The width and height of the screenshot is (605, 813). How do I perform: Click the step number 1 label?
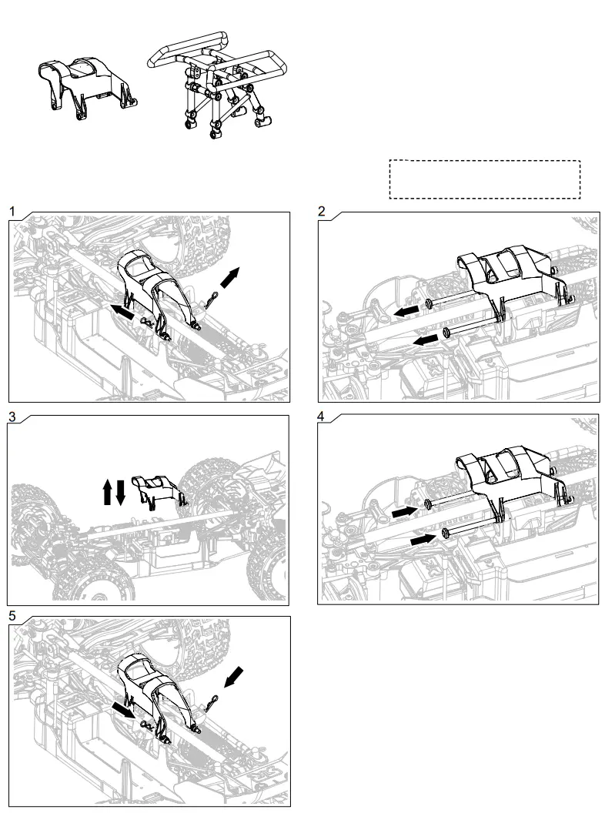point(12,210)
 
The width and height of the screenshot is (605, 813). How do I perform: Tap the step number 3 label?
point(12,416)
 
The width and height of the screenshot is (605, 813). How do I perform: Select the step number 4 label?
point(322,416)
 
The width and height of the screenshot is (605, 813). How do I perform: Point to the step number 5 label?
point(12,616)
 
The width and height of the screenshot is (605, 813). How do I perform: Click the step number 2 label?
point(322,210)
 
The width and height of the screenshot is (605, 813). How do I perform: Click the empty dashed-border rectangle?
point(484,179)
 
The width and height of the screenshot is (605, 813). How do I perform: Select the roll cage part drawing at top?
point(220,85)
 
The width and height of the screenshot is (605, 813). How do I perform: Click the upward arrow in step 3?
point(107,491)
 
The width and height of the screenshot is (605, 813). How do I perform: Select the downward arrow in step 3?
point(121,491)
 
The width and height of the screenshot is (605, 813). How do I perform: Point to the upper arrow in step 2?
point(407,309)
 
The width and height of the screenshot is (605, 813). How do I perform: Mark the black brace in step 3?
point(159,490)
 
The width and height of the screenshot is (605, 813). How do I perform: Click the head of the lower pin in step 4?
point(446,533)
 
